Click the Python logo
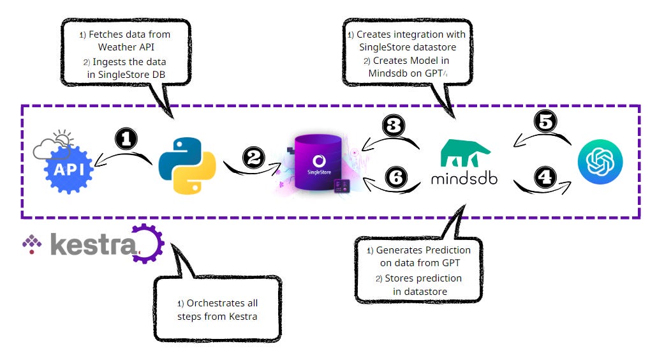[x=186, y=164]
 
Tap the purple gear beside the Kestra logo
[x=147, y=244]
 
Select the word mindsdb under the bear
[x=464, y=178]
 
